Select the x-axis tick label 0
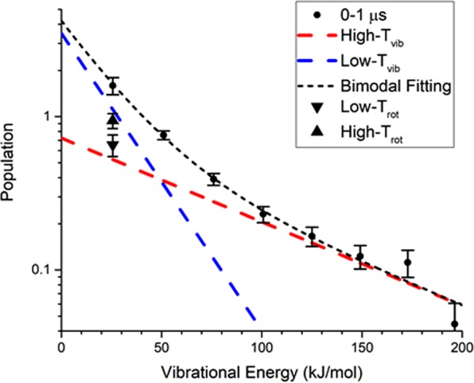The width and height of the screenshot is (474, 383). point(61,346)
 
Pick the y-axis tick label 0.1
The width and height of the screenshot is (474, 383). point(44,270)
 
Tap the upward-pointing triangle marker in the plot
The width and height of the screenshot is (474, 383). point(113,120)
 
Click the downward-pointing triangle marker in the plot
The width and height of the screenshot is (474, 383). point(113,146)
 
